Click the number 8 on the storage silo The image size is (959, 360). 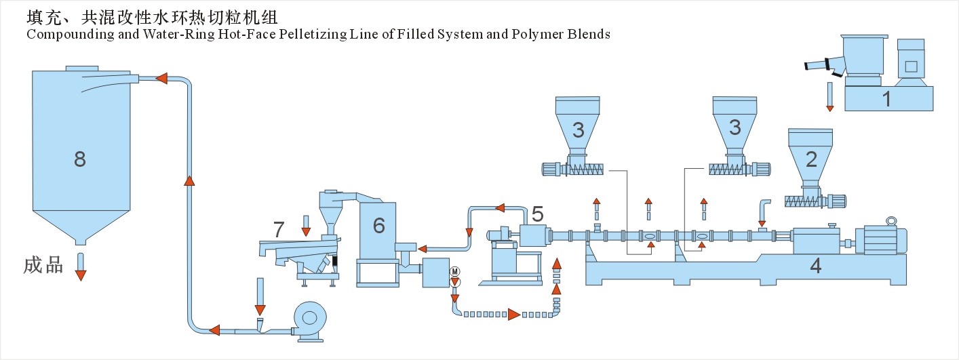point(80,160)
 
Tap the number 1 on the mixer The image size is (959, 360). point(886,99)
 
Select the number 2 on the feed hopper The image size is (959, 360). point(810,160)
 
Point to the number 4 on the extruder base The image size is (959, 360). point(816,266)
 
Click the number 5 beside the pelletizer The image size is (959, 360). point(537,214)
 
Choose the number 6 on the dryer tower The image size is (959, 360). point(378,226)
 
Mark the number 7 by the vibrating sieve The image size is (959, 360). point(279,230)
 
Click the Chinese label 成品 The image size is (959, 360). point(43,265)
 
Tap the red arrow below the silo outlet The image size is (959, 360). point(81,274)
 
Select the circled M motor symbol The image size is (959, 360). point(455,271)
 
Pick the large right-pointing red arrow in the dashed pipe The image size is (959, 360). point(514,314)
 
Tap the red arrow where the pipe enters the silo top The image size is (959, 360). point(161,79)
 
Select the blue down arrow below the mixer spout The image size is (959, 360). point(829,97)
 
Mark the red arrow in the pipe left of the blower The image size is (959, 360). point(215,331)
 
